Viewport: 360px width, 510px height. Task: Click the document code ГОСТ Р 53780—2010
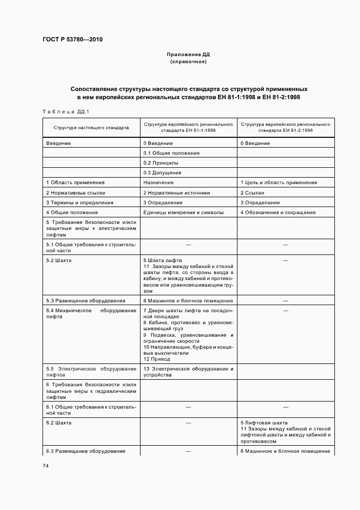[x=72, y=40]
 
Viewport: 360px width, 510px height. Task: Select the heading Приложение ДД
[x=188, y=55]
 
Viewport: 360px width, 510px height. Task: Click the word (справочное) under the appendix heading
[x=188, y=62]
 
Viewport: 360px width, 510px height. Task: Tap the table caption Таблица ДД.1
[x=66, y=112]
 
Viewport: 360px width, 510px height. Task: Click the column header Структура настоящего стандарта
[x=91, y=127]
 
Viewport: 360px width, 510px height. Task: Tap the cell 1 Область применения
[x=75, y=183]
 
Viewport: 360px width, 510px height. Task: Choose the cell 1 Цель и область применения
[x=278, y=183]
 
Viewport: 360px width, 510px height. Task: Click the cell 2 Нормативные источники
[x=176, y=192]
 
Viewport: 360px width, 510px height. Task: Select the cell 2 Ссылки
[x=252, y=192]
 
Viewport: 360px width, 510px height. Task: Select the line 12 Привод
[x=157, y=359]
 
